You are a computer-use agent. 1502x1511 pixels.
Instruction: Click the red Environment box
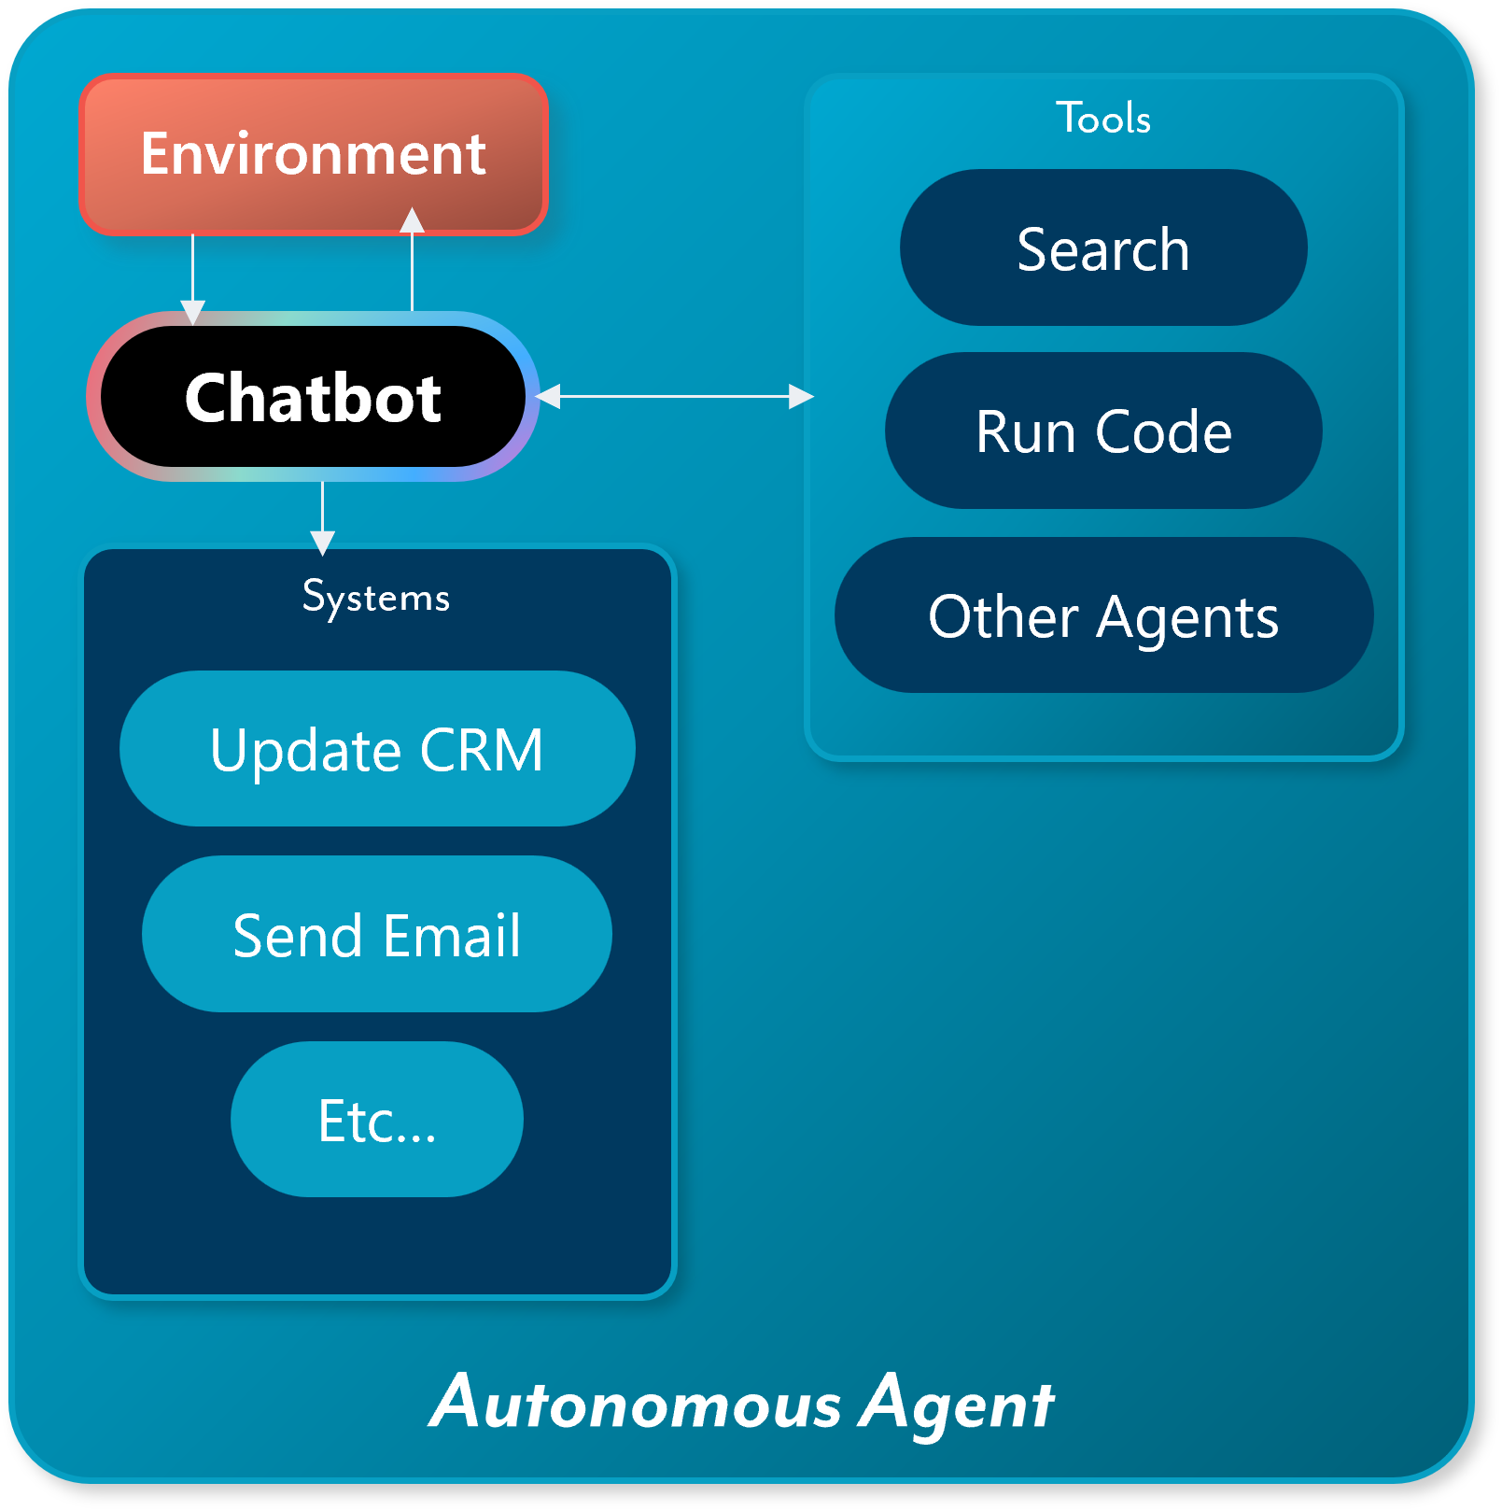pos(314,154)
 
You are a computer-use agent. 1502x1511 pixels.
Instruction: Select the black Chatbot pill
pos(314,397)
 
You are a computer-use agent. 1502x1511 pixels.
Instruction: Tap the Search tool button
pos(1103,248)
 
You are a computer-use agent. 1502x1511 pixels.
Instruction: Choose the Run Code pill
pos(1103,431)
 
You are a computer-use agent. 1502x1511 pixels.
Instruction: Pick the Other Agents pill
pos(1103,615)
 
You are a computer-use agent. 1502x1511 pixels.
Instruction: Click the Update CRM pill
pos(377,749)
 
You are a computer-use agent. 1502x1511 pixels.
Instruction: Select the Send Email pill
pos(377,934)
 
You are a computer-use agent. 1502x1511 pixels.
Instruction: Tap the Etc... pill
pos(377,1120)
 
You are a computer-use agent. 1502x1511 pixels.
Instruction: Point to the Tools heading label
pos(1103,119)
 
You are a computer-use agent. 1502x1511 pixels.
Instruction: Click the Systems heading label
pos(376,597)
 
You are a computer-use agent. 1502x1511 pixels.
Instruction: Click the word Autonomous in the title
pos(635,1403)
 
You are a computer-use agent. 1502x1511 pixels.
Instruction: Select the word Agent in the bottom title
pos(957,1403)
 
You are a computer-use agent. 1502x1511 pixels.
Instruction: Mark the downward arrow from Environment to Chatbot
pos(192,275)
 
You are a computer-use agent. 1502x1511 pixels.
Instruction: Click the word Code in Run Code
pos(1163,431)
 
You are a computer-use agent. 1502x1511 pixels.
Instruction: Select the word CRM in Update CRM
pos(482,750)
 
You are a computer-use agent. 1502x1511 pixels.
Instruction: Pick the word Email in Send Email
pos(452,935)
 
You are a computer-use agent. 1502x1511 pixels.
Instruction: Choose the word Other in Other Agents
pos(1004,616)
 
